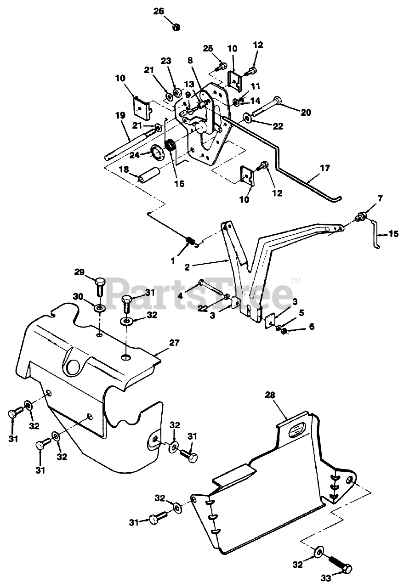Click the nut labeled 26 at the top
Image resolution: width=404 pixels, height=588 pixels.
click(176, 27)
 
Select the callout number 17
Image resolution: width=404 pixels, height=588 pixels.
click(325, 168)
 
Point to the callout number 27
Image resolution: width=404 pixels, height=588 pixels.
click(174, 343)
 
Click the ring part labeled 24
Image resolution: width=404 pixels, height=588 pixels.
click(157, 152)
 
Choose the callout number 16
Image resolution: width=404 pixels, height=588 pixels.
click(179, 183)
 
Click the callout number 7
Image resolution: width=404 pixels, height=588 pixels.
click(380, 198)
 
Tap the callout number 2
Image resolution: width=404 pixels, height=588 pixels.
click(187, 267)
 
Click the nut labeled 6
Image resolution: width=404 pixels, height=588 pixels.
click(284, 332)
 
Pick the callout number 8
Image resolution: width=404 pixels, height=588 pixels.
click(190, 60)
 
